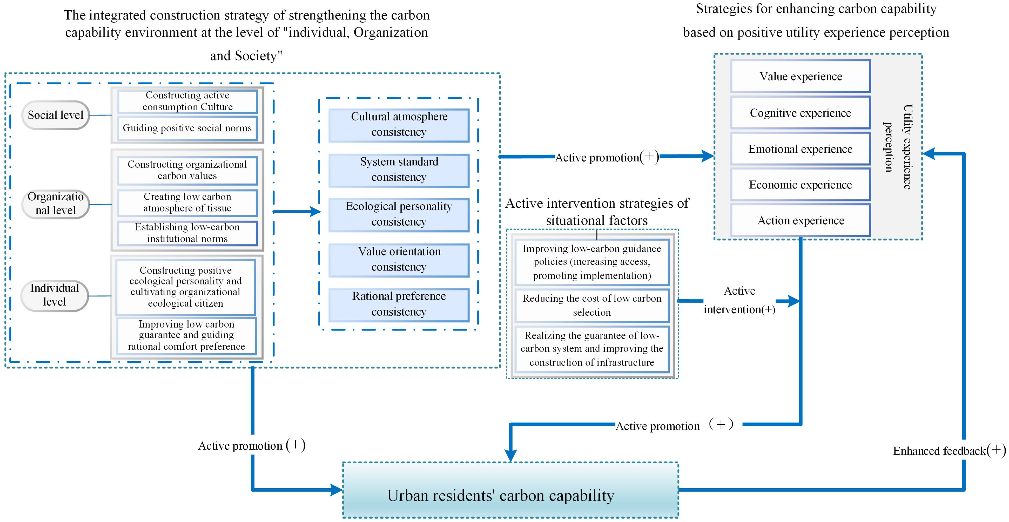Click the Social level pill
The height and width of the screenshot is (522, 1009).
click(x=55, y=115)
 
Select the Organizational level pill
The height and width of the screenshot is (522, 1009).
click(x=55, y=204)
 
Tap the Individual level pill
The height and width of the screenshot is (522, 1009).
click(x=54, y=295)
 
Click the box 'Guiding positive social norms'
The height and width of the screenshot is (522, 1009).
click(x=187, y=128)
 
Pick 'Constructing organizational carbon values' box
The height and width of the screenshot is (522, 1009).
click(x=187, y=170)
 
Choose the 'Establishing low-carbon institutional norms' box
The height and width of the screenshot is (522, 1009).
click(x=187, y=233)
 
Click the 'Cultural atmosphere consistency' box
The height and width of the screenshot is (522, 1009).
click(x=399, y=125)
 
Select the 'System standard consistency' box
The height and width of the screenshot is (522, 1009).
click(x=399, y=170)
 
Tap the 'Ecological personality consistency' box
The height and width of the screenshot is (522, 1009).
click(x=399, y=215)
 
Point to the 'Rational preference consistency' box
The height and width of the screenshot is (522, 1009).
click(x=399, y=304)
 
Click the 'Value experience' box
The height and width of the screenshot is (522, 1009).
click(x=800, y=76)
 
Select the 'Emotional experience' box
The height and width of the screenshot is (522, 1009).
click(x=800, y=149)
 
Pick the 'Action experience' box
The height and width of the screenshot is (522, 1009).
click(x=800, y=221)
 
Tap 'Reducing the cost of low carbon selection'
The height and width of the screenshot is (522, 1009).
click(x=592, y=306)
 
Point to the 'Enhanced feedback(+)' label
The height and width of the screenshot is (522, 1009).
click(x=949, y=451)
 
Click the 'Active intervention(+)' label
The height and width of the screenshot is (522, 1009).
click(x=739, y=300)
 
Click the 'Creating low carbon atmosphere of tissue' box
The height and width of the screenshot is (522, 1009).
click(x=187, y=202)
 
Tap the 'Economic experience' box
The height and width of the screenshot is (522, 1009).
click(x=800, y=185)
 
